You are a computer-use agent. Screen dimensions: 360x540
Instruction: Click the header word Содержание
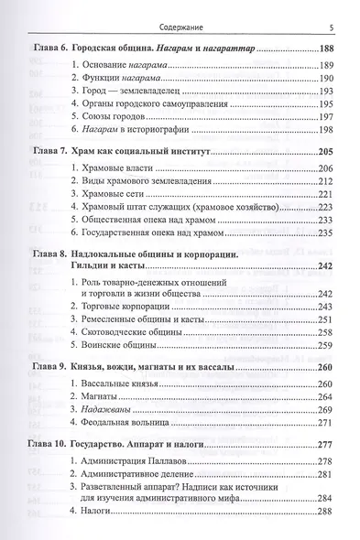click(180, 13)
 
